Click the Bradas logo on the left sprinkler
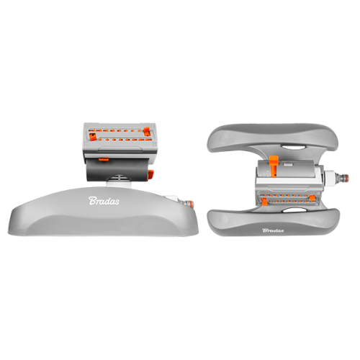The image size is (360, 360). (104, 201)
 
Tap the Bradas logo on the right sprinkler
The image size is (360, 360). (273, 230)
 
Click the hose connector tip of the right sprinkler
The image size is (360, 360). (343, 178)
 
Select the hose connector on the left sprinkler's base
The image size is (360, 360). (189, 204)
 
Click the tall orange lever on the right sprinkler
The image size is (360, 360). (274, 166)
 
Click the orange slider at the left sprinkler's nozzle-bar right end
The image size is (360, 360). (147, 132)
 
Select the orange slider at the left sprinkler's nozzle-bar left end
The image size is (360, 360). (92, 137)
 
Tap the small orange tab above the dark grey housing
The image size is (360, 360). (104, 159)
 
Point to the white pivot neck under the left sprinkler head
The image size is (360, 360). (120, 182)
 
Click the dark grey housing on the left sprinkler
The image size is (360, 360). (117, 170)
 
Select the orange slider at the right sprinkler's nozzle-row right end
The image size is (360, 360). (312, 198)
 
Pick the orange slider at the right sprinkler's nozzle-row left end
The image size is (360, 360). (264, 202)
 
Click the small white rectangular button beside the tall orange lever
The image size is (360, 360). (287, 164)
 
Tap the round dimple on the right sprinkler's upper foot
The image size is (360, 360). (224, 140)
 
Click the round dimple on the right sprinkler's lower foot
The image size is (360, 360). (224, 219)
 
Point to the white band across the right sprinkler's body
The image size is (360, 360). (288, 181)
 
